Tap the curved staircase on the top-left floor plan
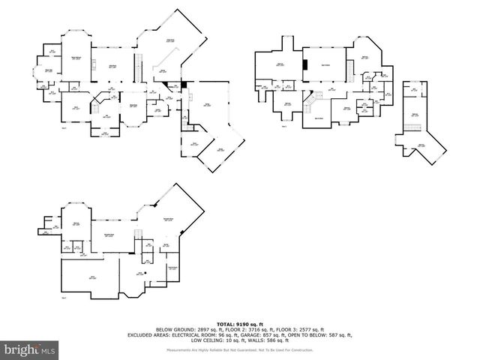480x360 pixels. (97, 106)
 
